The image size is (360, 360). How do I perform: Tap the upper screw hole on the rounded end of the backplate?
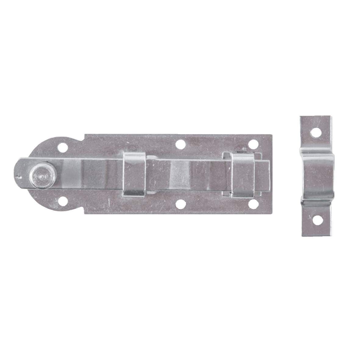pyautogui.click(x=64, y=148)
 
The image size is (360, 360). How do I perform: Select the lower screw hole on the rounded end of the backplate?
pyautogui.click(x=64, y=200)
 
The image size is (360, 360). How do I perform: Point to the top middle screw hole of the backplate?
pyautogui.click(x=181, y=143)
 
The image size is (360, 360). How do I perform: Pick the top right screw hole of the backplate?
pyautogui.click(x=252, y=143)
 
